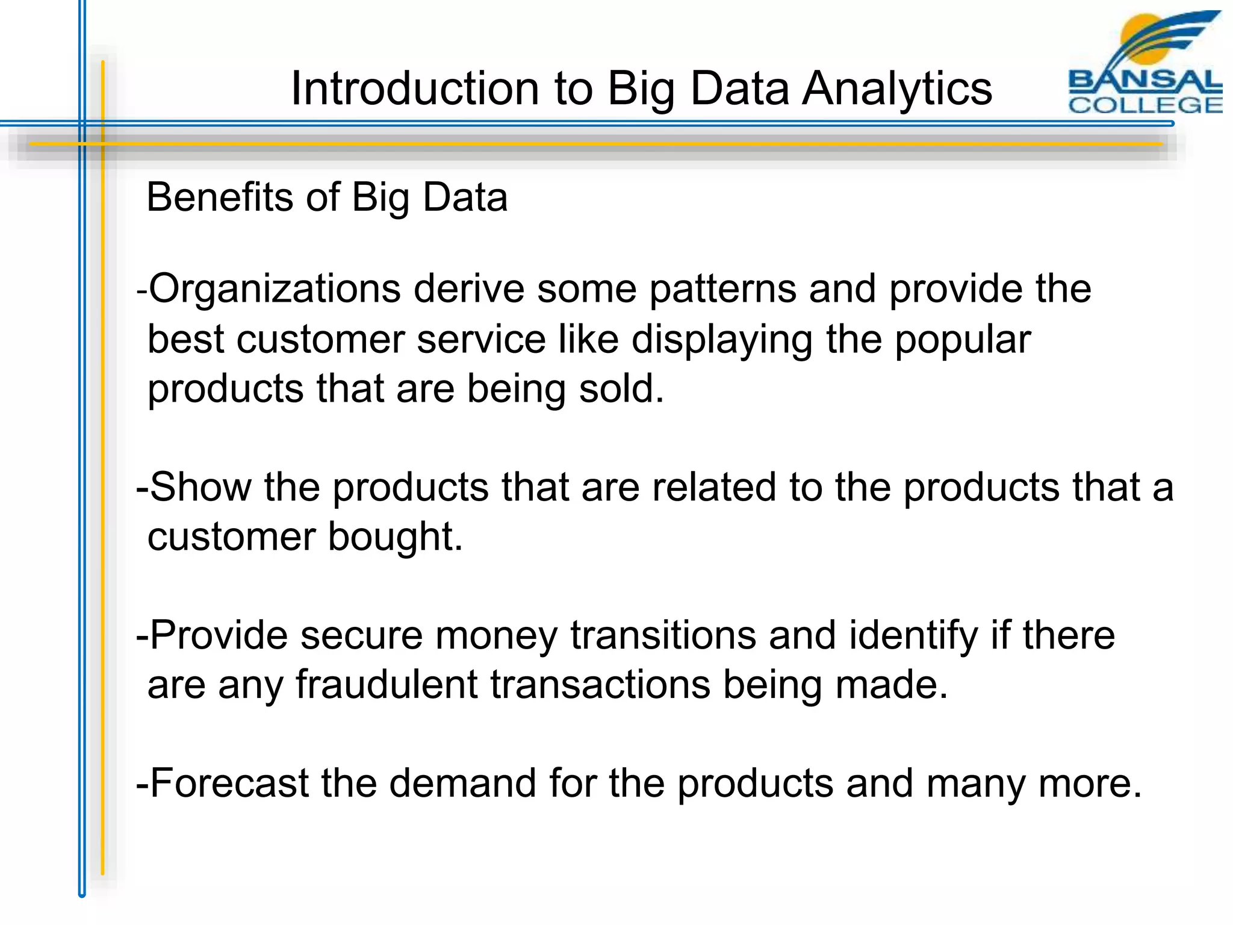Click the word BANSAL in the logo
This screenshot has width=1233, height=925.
pyautogui.click(x=1145, y=79)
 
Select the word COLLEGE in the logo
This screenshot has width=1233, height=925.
pyautogui.click(x=1145, y=105)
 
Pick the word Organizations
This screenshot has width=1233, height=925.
pyautogui.click(x=275, y=289)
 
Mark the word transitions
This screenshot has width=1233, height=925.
pyautogui.click(x=663, y=635)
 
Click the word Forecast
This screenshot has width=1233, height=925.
pyautogui.click(x=229, y=783)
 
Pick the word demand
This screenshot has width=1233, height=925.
pyautogui.click(x=462, y=783)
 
